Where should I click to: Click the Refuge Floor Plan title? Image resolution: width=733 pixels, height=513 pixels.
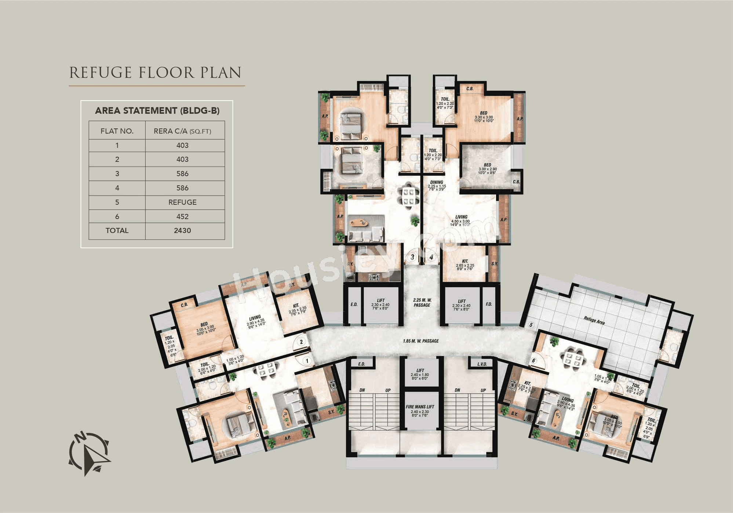(x=155, y=72)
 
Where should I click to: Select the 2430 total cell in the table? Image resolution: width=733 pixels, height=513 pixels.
(x=182, y=230)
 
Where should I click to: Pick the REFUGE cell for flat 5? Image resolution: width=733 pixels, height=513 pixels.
(x=182, y=202)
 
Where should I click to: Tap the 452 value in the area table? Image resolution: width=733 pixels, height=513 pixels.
(x=182, y=217)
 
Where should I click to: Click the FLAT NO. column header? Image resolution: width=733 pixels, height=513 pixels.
(x=117, y=131)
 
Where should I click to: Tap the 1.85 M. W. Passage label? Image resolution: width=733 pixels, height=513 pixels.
(x=420, y=341)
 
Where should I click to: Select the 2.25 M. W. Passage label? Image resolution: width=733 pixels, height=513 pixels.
(x=422, y=302)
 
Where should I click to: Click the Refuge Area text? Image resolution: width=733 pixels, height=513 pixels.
(x=594, y=320)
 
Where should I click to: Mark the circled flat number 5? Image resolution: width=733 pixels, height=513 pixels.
(x=530, y=325)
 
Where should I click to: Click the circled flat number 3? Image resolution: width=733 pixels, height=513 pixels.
(x=413, y=257)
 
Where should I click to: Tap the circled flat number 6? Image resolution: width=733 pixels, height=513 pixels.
(x=533, y=361)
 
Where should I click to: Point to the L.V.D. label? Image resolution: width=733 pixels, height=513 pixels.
(x=482, y=364)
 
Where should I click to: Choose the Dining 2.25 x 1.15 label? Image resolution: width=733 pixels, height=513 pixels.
(x=437, y=185)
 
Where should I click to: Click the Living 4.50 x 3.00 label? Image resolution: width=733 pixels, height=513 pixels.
(x=461, y=220)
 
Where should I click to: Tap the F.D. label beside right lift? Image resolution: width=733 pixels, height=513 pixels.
(x=489, y=304)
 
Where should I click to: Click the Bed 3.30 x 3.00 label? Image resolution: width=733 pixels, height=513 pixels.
(x=484, y=116)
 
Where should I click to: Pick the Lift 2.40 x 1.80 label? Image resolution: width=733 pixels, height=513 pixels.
(x=420, y=374)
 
